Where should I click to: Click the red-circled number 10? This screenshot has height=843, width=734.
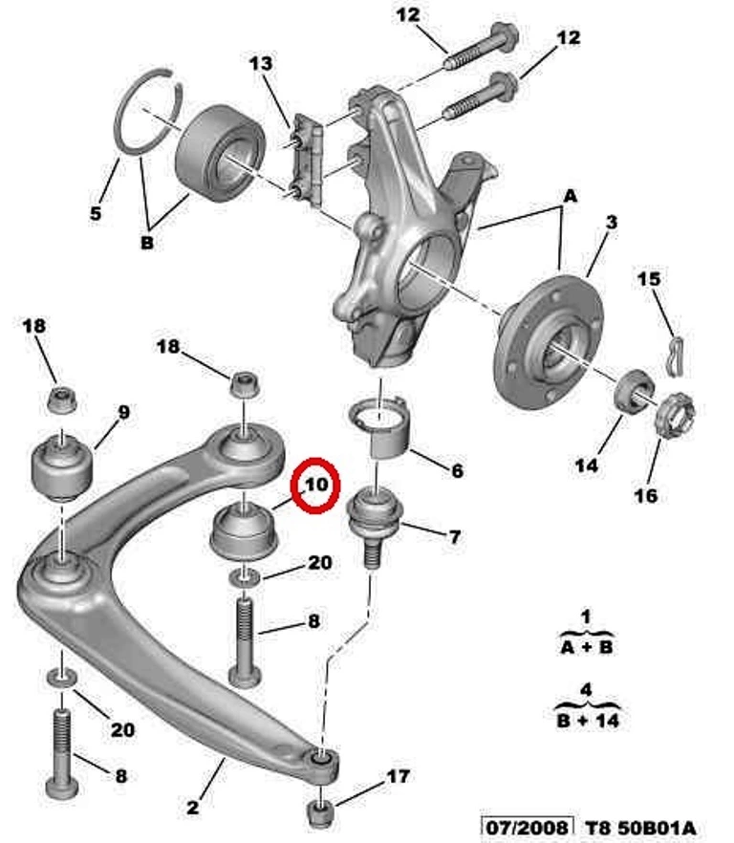pyautogui.click(x=316, y=485)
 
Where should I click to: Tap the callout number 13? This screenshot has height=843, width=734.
pyautogui.click(x=261, y=63)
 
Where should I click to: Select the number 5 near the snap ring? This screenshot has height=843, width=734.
pyautogui.click(x=96, y=213)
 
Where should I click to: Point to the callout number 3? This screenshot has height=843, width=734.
pyautogui.click(x=612, y=222)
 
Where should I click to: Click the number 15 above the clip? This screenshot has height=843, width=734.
pyautogui.click(x=649, y=279)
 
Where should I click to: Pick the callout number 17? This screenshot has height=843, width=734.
pyautogui.click(x=398, y=776)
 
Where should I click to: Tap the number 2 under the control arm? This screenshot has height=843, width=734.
pyautogui.click(x=192, y=807)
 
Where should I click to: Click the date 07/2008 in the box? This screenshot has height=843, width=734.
pyautogui.click(x=527, y=827)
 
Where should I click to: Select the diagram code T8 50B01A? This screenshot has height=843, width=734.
pyautogui.click(x=640, y=828)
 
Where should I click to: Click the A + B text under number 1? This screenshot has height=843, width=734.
pyautogui.click(x=586, y=647)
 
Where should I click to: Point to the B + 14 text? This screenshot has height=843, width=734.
pyautogui.click(x=588, y=720)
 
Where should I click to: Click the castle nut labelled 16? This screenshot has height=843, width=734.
pyautogui.click(x=675, y=415)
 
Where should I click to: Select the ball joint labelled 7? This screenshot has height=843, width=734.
pyautogui.click(x=375, y=524)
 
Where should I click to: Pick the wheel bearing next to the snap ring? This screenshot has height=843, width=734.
pyautogui.click(x=221, y=154)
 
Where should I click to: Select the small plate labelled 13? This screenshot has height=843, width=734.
pyautogui.click(x=307, y=160)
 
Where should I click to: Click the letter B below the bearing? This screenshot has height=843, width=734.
pyautogui.click(x=147, y=243)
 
